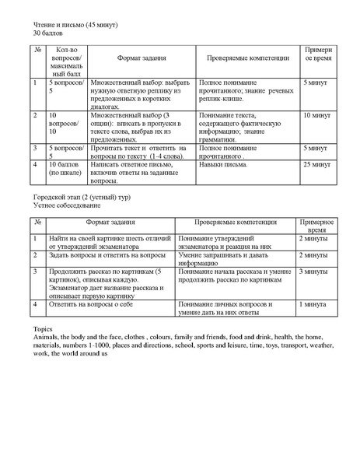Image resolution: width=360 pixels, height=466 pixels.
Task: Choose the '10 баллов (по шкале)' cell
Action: click(x=65, y=170)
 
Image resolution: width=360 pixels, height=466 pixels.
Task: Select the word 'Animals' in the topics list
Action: click(x=45, y=338)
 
